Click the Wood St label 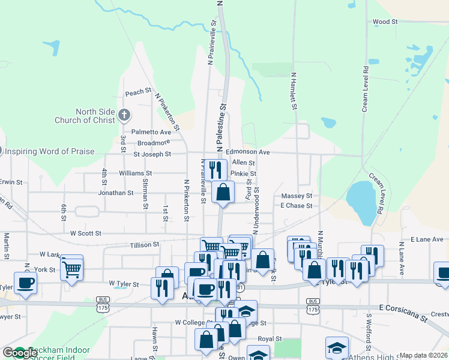tap(385, 22)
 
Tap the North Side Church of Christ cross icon tap(124, 115)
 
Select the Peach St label tap(138, 92)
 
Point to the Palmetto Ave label tap(152, 132)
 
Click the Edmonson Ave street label tap(248, 152)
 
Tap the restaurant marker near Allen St tap(214, 169)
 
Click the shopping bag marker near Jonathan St tap(223, 193)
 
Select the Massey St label tap(297, 196)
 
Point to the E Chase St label tap(297, 206)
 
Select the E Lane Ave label tap(427, 239)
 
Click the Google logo tap(20, 353)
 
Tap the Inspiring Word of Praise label tap(50, 151)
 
